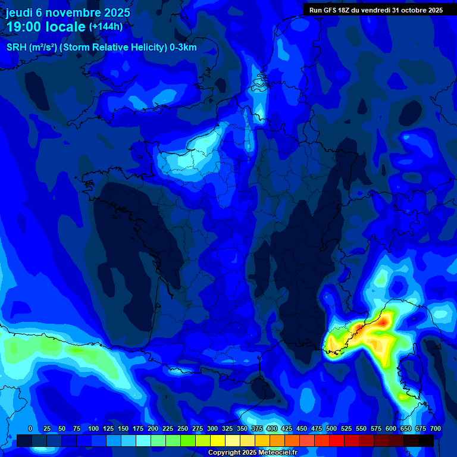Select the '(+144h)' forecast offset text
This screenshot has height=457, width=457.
point(106,27)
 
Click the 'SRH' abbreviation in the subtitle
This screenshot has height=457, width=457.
point(16,48)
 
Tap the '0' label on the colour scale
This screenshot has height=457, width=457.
point(30,428)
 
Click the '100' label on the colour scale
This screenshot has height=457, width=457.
point(93,428)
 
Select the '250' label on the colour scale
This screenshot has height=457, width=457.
point(183,428)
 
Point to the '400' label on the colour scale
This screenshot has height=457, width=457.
point(272,428)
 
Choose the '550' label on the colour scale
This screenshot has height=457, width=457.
point(361,428)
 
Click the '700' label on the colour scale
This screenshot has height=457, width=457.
point(435,428)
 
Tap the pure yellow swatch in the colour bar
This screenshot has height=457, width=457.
point(218,440)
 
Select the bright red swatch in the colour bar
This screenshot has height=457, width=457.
point(337,440)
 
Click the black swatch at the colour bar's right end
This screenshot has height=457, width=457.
point(426,440)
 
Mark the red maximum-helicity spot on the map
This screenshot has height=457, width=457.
point(384,322)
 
